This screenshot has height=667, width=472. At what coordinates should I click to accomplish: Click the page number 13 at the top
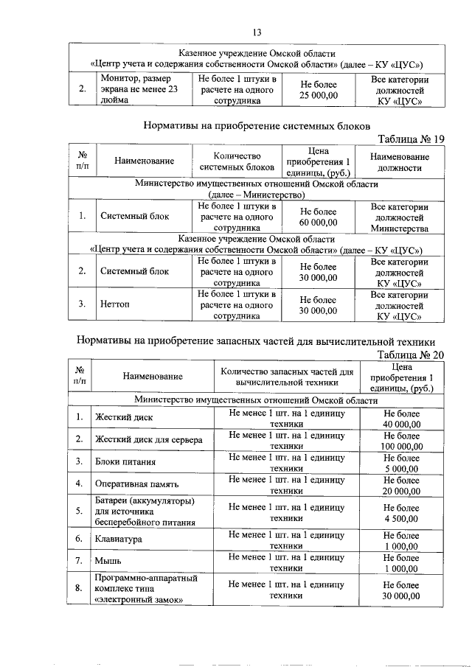point(257,32)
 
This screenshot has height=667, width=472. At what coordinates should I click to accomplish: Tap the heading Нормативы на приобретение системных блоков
point(256,126)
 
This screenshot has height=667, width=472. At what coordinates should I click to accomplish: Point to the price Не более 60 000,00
point(319,217)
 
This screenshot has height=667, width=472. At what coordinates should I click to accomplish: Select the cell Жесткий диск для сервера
point(148,440)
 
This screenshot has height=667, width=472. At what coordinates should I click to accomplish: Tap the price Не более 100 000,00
point(402,441)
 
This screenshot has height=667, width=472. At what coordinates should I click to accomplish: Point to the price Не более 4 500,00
point(402,513)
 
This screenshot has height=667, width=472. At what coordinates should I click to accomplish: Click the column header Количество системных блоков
point(237,161)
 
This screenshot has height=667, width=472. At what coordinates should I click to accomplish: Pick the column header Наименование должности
point(399,161)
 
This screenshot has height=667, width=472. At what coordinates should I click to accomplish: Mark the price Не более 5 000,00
point(402,463)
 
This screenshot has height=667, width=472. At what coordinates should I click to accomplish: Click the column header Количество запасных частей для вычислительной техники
point(287,377)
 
